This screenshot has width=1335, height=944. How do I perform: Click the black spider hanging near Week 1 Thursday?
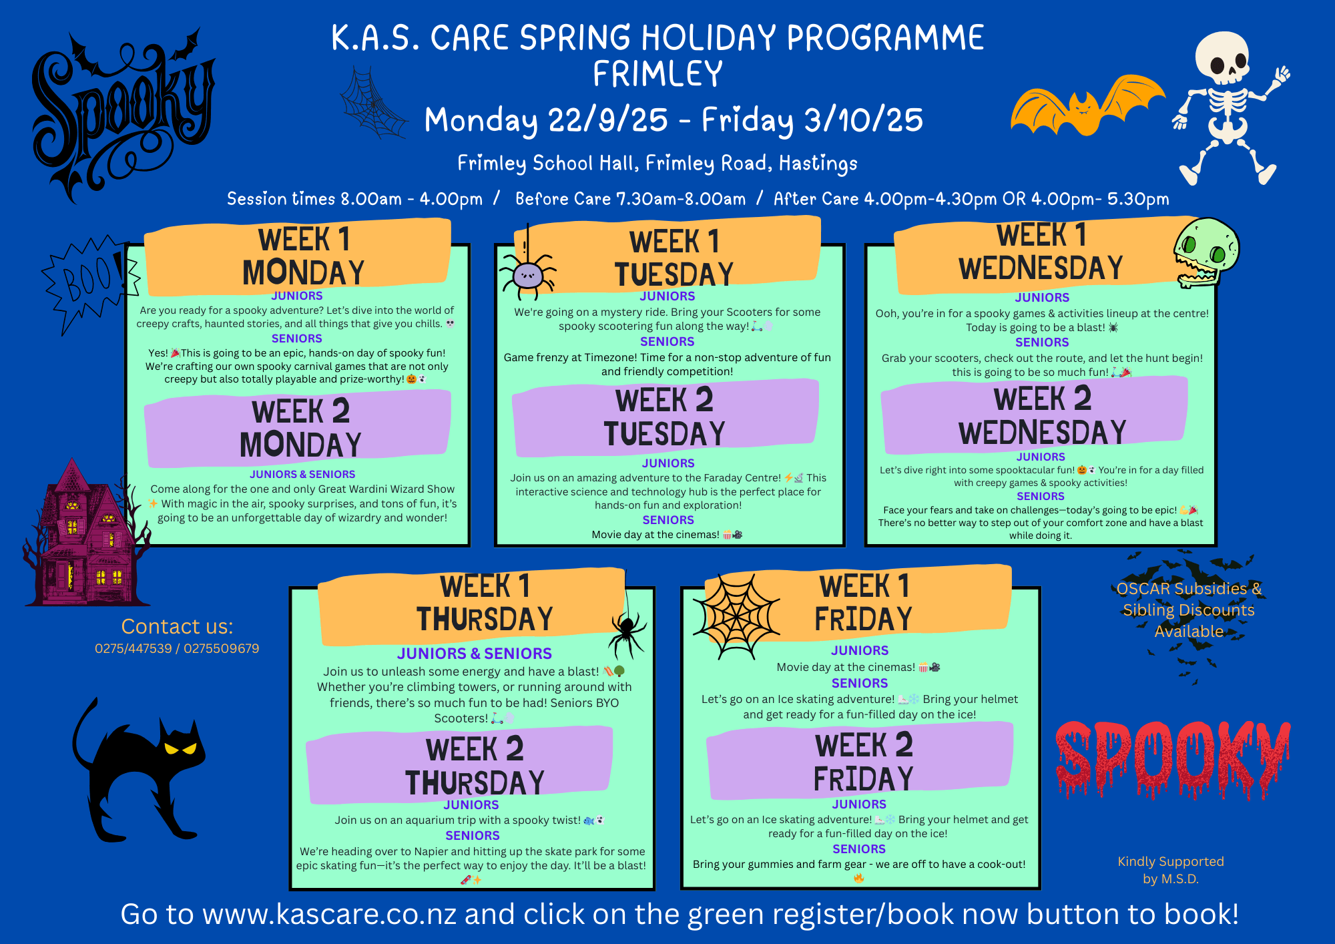click(x=626, y=632)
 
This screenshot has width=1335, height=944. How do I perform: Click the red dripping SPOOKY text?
click(x=1173, y=759)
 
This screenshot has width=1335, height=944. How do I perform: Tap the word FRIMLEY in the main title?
click(x=657, y=73)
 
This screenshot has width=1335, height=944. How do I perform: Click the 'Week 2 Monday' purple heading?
click(x=300, y=428)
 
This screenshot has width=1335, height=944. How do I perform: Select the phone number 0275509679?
click(x=222, y=648)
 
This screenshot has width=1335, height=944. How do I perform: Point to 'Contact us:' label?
click(x=178, y=626)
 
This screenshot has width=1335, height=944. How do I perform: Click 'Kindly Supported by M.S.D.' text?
click(x=1171, y=870)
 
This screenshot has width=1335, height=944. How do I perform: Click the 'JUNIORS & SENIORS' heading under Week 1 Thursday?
click(x=475, y=654)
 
